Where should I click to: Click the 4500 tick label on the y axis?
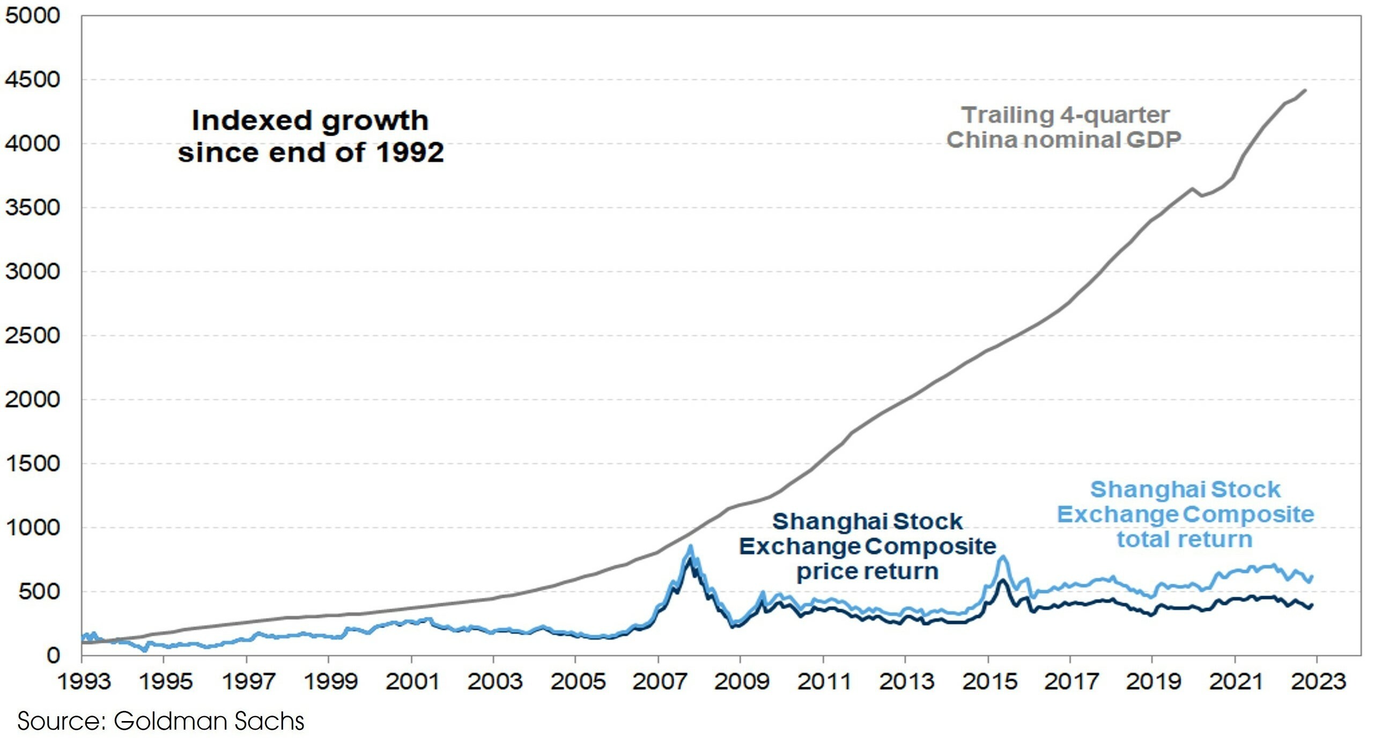coord(32,80)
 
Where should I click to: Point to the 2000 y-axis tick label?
coord(32,400)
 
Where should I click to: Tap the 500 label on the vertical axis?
coord(39,592)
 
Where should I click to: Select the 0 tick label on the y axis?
coord(53,656)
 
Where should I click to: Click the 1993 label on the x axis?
coord(84,682)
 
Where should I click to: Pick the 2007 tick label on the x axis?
coord(659,682)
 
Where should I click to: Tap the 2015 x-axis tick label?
coord(989,682)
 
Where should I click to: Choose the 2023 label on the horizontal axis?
coord(1318,682)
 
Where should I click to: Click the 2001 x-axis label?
coord(412,682)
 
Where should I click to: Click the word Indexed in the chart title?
coord(252,120)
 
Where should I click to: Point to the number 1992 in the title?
coord(410,152)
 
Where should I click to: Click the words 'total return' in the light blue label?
coord(1185,540)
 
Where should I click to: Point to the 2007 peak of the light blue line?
coord(690,547)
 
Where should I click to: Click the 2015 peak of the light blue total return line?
coord(1002,557)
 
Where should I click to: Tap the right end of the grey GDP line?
coord(1305,91)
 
